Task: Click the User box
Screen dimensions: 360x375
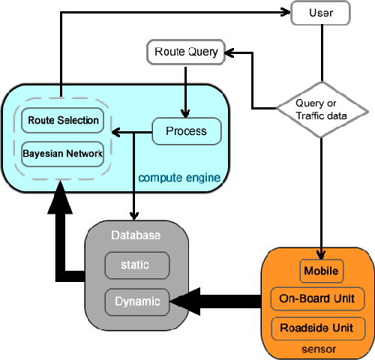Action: (x=322, y=13)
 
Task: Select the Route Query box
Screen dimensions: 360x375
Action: (x=185, y=52)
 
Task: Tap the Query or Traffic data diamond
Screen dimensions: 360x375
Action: (x=322, y=110)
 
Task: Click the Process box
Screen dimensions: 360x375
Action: (x=186, y=132)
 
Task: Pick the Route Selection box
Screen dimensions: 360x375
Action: (x=63, y=120)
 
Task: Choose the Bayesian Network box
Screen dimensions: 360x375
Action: (x=63, y=154)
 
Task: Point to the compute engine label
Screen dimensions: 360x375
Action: (x=178, y=178)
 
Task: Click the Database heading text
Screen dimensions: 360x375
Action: (x=136, y=235)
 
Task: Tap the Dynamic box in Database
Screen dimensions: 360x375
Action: (x=137, y=302)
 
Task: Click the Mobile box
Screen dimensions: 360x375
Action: (x=321, y=270)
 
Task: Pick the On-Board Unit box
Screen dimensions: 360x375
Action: (x=321, y=298)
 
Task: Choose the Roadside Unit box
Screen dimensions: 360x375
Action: (x=321, y=328)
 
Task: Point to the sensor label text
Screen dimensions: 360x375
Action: (x=321, y=349)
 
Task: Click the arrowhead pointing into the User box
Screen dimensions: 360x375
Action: (x=285, y=13)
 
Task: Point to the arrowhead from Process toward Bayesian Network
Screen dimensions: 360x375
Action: (x=117, y=133)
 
